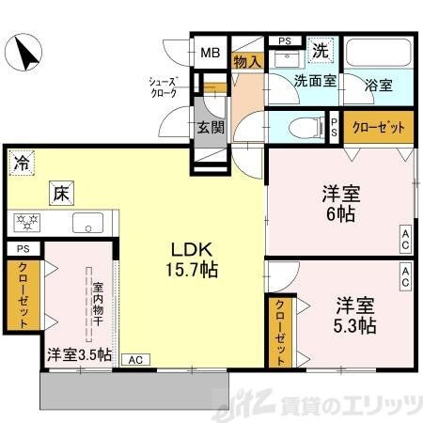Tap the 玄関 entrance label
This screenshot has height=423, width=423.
(x=210, y=129)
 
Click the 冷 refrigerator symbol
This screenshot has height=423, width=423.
(x=20, y=163)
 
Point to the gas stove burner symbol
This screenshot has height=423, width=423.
(x=24, y=223)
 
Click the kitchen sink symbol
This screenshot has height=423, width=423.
(x=90, y=224)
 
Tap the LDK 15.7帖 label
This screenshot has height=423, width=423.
(x=193, y=258)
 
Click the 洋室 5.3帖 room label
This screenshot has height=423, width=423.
(x=354, y=316)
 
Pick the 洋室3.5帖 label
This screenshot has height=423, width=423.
(x=79, y=355)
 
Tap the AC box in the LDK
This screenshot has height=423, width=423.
(x=135, y=358)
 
